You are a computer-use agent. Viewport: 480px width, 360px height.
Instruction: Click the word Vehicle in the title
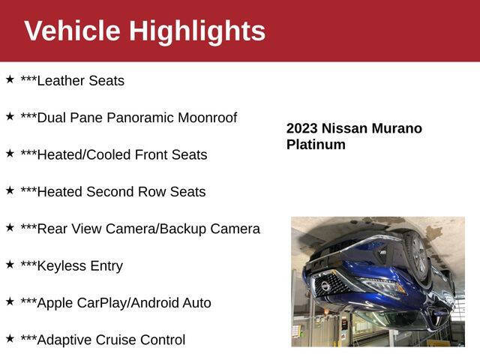[x=72, y=31]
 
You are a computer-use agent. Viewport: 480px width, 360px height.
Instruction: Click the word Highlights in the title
[x=197, y=31]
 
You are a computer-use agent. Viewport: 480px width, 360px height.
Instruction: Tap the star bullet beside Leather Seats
[x=10, y=79]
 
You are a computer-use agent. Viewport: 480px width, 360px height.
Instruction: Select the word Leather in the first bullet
[x=63, y=81]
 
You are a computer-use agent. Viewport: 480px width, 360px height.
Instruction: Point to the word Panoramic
[x=141, y=118]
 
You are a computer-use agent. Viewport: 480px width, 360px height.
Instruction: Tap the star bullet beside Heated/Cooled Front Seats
[x=10, y=152]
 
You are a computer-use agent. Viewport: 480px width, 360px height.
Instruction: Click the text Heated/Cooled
[x=83, y=155]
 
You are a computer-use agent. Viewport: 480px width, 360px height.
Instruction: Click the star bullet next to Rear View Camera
[x=10, y=226]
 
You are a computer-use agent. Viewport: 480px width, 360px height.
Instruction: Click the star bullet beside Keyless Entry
[x=10, y=263]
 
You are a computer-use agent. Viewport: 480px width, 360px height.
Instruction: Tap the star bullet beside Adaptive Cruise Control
[x=10, y=337]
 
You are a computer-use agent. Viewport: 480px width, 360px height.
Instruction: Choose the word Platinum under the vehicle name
[x=316, y=145]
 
